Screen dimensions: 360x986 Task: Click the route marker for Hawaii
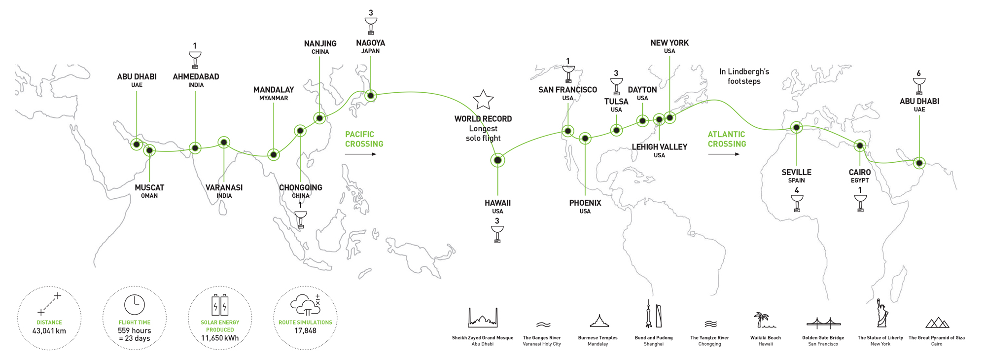[x=498, y=160]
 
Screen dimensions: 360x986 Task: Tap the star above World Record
[x=483, y=100]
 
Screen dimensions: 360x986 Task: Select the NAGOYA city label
[x=371, y=43]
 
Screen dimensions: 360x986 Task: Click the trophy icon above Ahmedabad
[x=195, y=60]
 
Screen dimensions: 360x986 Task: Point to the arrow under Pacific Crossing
[x=360, y=154]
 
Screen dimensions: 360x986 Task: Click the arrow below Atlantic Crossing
[x=724, y=154]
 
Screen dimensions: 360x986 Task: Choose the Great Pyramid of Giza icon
[x=937, y=323]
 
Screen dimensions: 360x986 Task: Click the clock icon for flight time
[x=135, y=305]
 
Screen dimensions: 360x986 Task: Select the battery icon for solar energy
[x=220, y=305]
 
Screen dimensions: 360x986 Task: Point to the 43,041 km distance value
[x=49, y=331]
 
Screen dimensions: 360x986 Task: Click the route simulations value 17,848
[x=305, y=330]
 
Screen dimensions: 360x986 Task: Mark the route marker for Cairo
[x=860, y=146]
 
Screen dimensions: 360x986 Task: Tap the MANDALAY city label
[x=274, y=90]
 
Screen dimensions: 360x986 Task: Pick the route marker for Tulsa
[x=616, y=130]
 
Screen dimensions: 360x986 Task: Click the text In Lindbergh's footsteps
[x=744, y=76]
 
